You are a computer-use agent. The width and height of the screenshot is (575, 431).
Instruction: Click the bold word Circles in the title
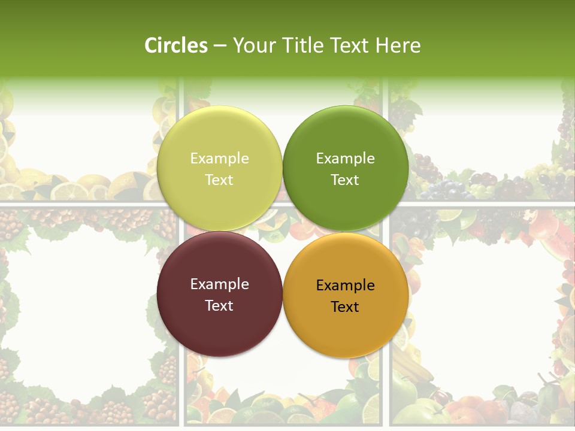176,45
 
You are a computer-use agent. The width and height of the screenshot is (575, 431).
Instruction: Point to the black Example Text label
345,296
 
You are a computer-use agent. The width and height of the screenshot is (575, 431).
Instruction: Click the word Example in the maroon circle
219,284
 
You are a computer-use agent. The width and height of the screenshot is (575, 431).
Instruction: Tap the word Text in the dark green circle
345,180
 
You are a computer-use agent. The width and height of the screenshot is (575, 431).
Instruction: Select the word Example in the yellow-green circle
219,159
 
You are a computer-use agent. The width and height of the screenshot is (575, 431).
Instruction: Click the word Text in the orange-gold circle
345,306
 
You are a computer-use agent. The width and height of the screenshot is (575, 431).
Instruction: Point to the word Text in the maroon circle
219,305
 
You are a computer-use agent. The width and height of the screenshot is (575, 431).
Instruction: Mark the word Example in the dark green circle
345,159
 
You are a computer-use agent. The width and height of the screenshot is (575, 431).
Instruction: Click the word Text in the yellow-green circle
219,180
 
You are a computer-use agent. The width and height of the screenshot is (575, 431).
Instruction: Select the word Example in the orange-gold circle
345,286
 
